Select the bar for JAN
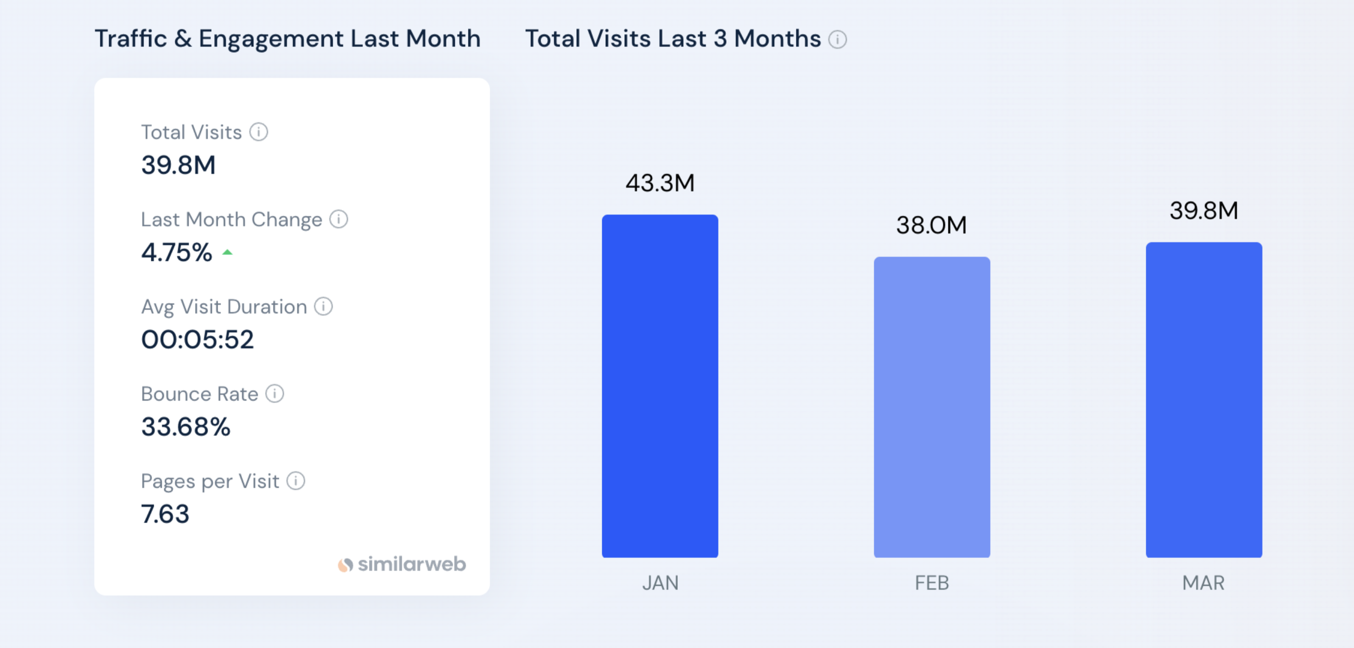coord(660,386)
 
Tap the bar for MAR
coord(1203,399)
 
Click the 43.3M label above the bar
coord(660,183)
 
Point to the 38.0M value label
coord(932,225)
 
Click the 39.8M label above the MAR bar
coord(1203,210)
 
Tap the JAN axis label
coord(660,583)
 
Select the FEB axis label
coord(932,583)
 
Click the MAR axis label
coord(1203,583)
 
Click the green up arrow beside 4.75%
coord(227,253)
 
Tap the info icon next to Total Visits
coord(259,132)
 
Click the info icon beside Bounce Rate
coord(274,393)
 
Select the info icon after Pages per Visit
coord(295,480)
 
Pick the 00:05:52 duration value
coord(197,339)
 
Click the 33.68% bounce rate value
coord(186,427)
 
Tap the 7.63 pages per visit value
coord(165,514)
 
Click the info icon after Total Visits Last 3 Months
coord(837,39)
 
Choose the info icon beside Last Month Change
coord(339,218)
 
